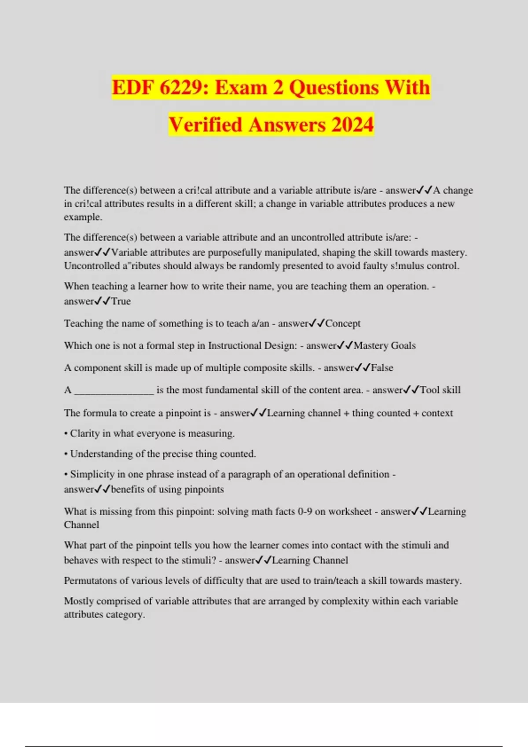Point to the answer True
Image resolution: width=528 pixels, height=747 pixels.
(121, 301)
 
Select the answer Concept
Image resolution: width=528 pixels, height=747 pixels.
(343, 323)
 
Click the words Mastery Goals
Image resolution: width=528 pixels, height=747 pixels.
(385, 346)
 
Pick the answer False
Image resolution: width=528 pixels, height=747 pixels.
(382, 368)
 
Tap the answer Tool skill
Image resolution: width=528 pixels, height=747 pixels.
(440, 390)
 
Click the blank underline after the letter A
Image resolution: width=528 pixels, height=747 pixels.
(114, 391)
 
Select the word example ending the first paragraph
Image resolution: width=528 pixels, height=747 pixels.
(82, 217)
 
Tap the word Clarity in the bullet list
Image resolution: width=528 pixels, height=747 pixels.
(85, 433)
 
